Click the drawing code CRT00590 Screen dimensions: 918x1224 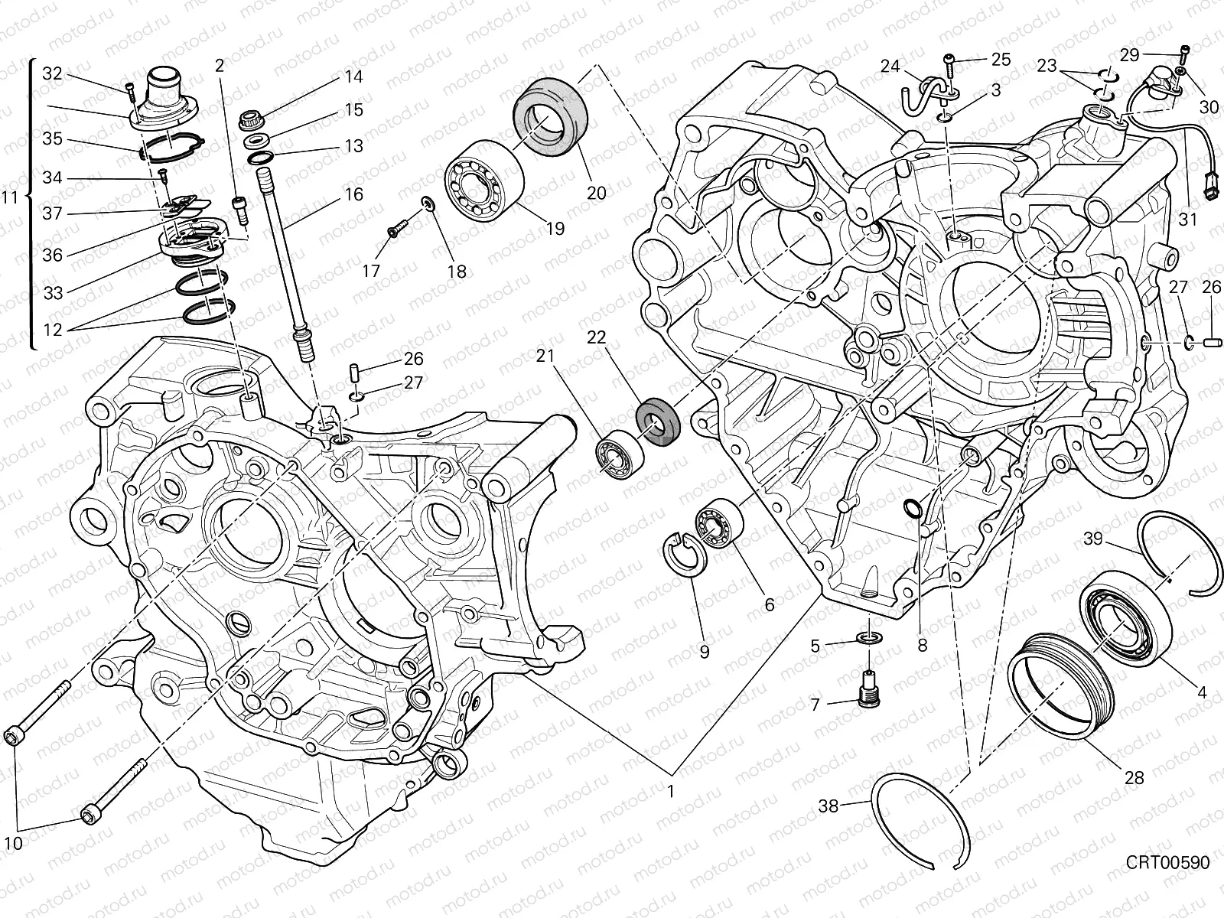click(1167, 863)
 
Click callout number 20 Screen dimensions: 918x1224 click(596, 193)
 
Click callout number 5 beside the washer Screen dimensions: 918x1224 click(815, 646)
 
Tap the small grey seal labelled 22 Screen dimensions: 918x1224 click(657, 420)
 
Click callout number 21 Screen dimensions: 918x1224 click(544, 355)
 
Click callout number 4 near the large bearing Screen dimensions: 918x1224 click(1201, 692)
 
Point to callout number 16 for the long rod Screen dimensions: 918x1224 click(353, 194)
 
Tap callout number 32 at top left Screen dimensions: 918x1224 click(52, 73)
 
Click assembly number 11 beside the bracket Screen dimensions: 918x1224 click(9, 197)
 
